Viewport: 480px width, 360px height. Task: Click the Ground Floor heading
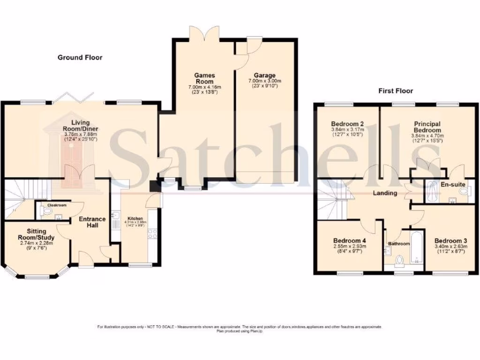[80, 58]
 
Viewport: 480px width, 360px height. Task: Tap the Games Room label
[204, 78]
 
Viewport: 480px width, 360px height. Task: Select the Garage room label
[265, 75]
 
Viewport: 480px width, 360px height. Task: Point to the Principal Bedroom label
[427, 127]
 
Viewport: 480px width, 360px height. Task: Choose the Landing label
[385, 193]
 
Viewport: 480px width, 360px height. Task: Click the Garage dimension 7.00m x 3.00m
[265, 81]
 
